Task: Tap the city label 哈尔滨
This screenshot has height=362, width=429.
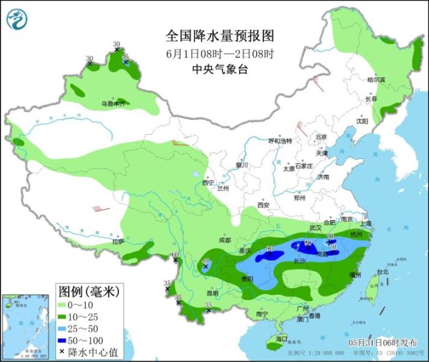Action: pos(376,79)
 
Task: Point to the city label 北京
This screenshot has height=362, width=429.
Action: pos(321,136)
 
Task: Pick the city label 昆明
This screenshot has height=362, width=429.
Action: pos(213,292)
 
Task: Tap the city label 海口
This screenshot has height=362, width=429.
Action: pos(282,338)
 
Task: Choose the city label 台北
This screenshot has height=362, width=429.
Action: pos(382,271)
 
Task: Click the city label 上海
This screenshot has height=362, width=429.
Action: pos(367,224)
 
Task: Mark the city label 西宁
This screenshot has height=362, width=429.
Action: pos(208,182)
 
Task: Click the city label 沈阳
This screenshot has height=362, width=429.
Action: pos(363,121)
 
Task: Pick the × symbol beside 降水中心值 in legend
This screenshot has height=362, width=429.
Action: pos(62,352)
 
